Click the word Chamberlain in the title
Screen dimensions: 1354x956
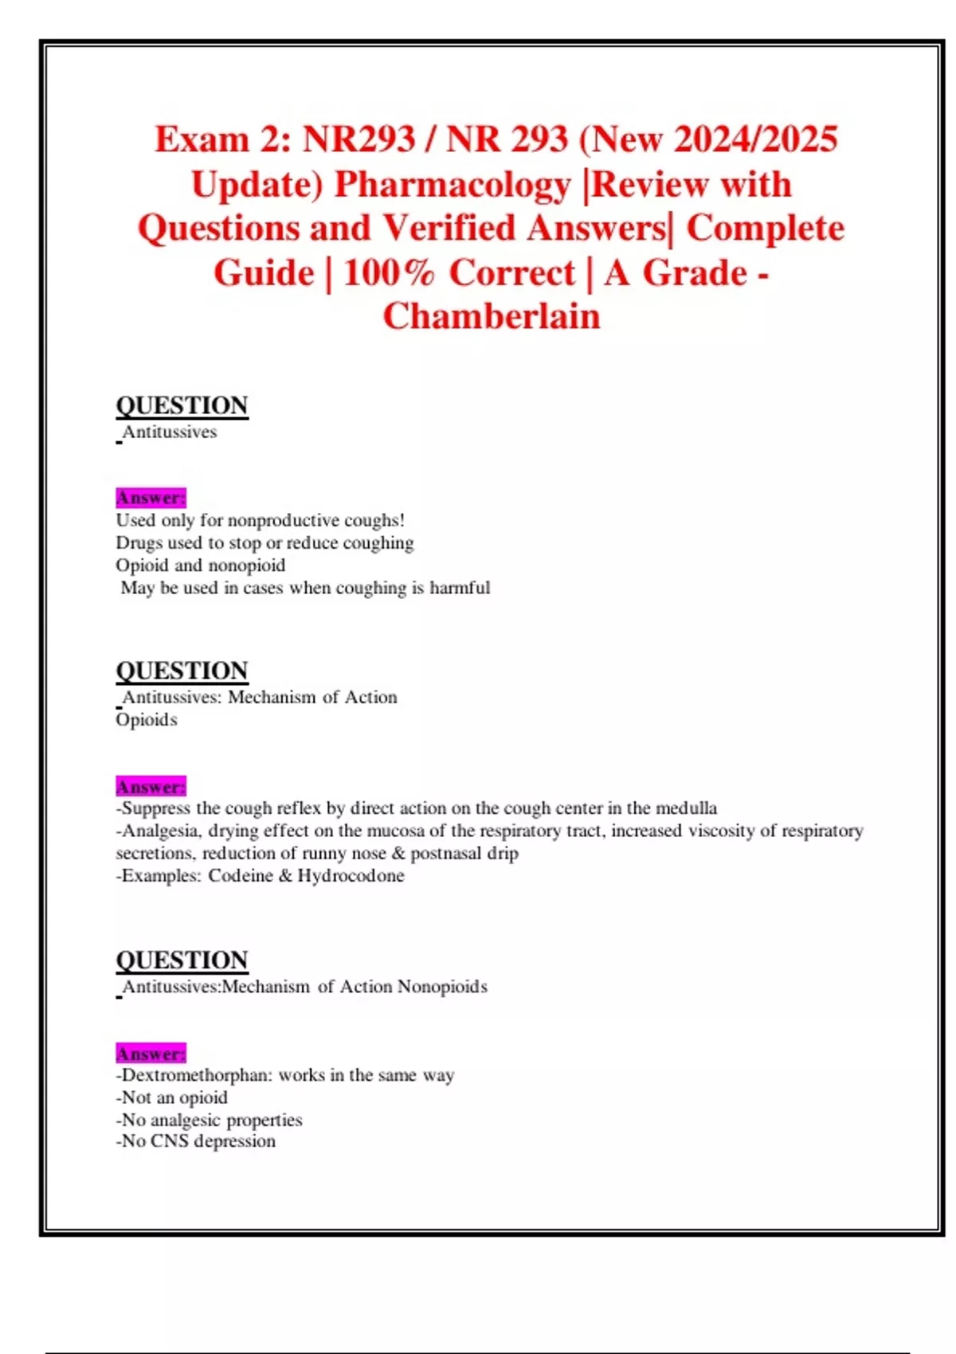pyautogui.click(x=492, y=316)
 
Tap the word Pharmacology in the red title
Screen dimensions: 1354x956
pyautogui.click(x=453, y=185)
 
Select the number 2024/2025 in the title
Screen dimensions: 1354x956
pyautogui.click(x=755, y=139)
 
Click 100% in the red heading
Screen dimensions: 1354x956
pyautogui.click(x=390, y=273)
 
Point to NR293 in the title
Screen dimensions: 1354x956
pyautogui.click(x=359, y=139)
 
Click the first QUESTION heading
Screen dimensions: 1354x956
pyautogui.click(x=182, y=405)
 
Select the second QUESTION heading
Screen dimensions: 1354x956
pyautogui.click(x=182, y=671)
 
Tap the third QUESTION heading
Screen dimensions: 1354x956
pyautogui.click(x=182, y=960)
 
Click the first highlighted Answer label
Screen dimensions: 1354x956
pyautogui.click(x=151, y=498)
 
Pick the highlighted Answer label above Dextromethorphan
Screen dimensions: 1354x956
pyautogui.click(x=151, y=1054)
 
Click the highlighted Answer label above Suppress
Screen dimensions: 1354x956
pyautogui.click(x=151, y=787)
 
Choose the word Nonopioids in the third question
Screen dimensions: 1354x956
pyautogui.click(x=442, y=987)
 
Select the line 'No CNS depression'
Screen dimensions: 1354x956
pyautogui.click(x=196, y=1141)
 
